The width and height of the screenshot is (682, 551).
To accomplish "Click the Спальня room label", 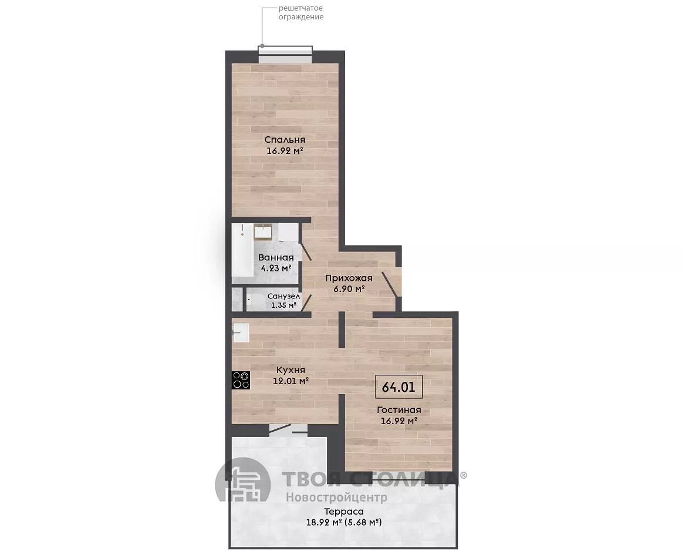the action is pos(285,140).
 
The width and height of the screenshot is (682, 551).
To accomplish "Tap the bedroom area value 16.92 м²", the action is pos(285,151).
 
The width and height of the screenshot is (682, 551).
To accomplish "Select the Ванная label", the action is pos(276,257).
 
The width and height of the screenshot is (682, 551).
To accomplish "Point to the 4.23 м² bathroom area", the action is pos(276,268).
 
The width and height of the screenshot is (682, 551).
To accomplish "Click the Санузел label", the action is pos(283,296).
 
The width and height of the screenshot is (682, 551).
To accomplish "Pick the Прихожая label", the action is pos(349,278).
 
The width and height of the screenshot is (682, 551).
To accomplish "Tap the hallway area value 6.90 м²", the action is pos(349,288).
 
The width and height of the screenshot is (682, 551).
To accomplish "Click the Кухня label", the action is pos(291,370).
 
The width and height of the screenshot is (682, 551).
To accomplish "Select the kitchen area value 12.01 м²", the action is pos(291,381).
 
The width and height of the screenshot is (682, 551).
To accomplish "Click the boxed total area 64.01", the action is pos(399,387).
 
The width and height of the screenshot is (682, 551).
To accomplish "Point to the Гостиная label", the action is pos(399,410).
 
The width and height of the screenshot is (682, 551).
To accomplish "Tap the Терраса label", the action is pos(343,512).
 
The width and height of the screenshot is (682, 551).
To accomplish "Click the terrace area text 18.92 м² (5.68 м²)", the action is pos(343,522).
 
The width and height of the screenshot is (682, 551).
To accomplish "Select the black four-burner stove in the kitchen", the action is pos(241,380).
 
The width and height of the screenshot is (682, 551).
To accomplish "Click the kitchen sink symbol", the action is pos(241,333).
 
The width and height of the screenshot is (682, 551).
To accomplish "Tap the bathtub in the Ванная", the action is pos(243,250).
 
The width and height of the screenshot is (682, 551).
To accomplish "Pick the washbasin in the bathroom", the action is pos(263,231).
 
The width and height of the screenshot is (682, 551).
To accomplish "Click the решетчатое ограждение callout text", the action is pos(301,12).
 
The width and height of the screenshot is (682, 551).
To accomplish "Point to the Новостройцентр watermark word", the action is pos(336,497).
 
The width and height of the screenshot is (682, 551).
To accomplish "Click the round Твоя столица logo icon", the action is pos(243,485).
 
